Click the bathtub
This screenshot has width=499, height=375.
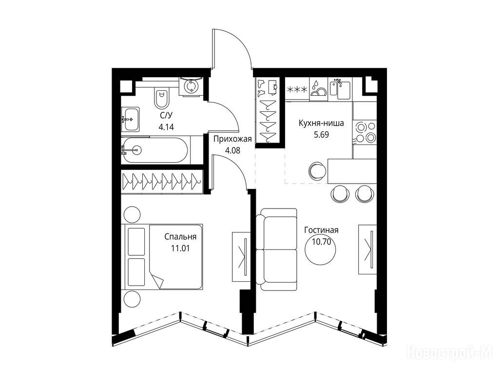(x=154, y=150)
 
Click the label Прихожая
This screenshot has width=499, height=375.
(x=232, y=139)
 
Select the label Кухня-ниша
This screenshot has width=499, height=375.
(x=322, y=124)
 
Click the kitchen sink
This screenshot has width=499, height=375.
(x=342, y=89)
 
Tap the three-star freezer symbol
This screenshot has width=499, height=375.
(x=297, y=90)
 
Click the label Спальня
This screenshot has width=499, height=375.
(x=180, y=237)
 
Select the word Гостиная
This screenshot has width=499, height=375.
(x=321, y=230)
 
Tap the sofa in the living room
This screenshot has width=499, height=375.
(x=278, y=250)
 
